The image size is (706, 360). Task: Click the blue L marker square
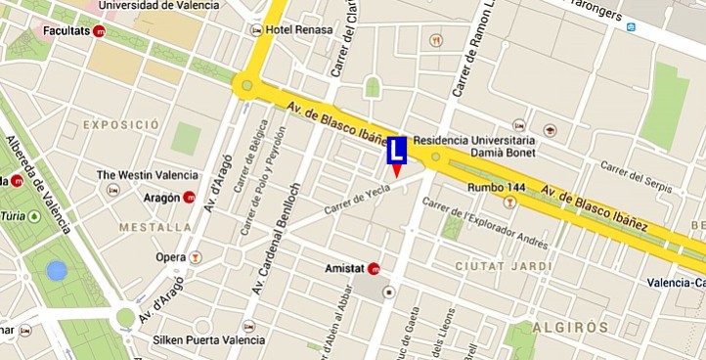point(397,151)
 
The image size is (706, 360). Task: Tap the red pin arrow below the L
point(396,171)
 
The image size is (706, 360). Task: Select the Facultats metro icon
point(100,32)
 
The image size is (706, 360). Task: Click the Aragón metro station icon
point(190,198)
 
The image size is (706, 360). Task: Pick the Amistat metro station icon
point(374,268)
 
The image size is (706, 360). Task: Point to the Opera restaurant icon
point(196,257)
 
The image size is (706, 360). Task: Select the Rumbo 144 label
point(477,187)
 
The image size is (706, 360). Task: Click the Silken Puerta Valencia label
point(208,340)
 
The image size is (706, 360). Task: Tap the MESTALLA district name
point(154,227)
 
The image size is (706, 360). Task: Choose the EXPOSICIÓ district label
point(121,125)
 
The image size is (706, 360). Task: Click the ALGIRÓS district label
point(571,327)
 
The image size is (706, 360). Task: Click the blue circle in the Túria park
point(57,270)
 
